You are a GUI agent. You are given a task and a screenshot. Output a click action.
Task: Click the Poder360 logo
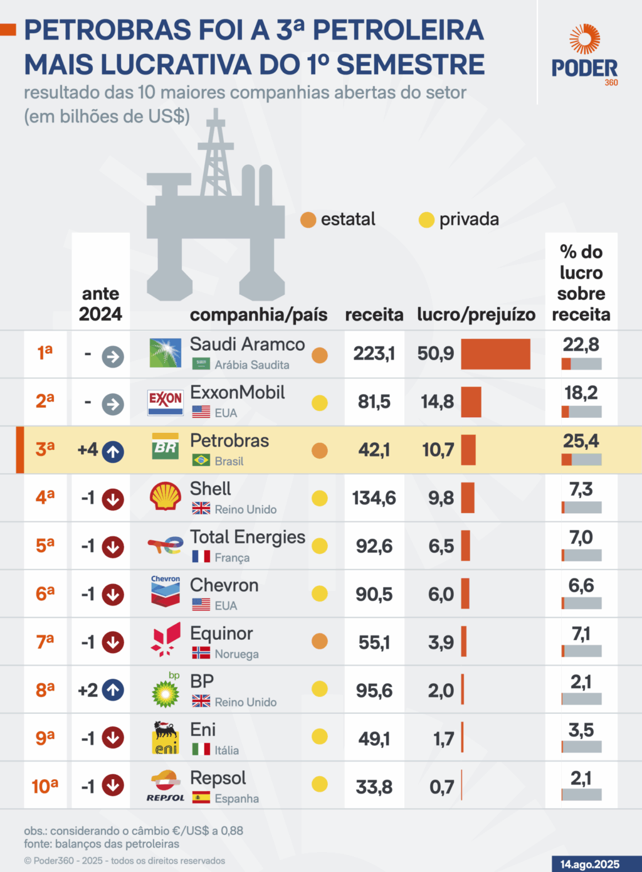click(x=584, y=55)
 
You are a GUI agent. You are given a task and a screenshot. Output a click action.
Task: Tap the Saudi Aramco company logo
click(x=166, y=353)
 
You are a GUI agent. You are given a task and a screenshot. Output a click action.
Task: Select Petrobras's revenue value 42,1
click(x=374, y=450)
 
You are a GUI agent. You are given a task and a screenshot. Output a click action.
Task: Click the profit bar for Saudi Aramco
click(x=495, y=354)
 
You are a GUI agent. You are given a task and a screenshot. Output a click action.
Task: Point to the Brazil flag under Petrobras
click(x=201, y=460)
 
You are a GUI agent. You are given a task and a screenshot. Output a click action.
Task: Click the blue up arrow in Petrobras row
click(x=113, y=450)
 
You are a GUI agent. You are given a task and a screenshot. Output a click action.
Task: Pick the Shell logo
click(x=166, y=496)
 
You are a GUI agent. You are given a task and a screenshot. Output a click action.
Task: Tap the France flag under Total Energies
click(x=201, y=556)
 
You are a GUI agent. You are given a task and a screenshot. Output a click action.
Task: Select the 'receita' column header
click(x=374, y=314)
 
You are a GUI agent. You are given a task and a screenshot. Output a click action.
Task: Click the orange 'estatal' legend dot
click(x=308, y=220)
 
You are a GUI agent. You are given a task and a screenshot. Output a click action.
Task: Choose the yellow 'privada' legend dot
click(x=426, y=220)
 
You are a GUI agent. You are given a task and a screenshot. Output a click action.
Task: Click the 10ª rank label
click(x=45, y=785)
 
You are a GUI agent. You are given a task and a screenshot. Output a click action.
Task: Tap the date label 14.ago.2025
click(x=589, y=864)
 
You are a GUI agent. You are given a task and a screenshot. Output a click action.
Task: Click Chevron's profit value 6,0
click(x=441, y=594)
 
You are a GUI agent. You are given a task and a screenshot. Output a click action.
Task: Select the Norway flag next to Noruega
click(x=201, y=653)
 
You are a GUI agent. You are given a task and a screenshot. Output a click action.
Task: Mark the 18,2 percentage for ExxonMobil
click(x=581, y=393)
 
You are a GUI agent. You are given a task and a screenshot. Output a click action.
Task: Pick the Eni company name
click(x=203, y=730)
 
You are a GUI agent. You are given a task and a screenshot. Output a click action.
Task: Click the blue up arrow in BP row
click(x=113, y=690)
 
